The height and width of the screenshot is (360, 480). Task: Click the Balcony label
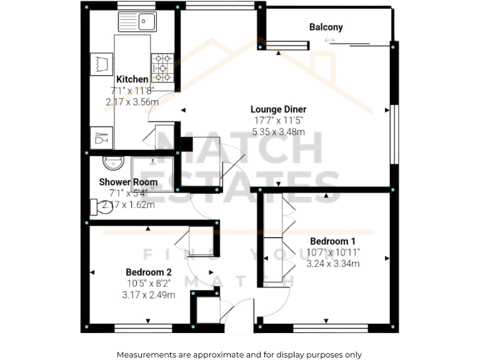pos(326,27)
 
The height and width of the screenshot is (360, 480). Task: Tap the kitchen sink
pos(139,22)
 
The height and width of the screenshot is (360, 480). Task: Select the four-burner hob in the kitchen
pos(162,67)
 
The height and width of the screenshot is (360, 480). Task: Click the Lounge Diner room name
pos(279,109)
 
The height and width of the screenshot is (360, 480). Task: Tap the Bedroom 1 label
pos(332,241)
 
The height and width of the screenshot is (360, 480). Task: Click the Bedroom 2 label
pos(148,272)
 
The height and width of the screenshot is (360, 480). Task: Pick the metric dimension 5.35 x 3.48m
pos(279,132)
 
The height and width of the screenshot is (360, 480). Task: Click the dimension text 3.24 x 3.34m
pos(332,264)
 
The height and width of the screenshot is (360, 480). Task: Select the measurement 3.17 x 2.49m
pos(149,295)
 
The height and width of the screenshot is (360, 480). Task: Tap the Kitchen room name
pos(132,79)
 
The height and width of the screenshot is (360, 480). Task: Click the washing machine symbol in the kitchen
pos(102,64)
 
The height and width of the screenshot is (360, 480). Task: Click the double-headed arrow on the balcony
pos(329,41)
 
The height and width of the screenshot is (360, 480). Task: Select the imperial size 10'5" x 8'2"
pos(149,284)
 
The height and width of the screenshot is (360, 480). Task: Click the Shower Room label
pos(128,182)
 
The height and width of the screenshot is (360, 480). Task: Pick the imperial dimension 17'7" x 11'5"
pos(279,121)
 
